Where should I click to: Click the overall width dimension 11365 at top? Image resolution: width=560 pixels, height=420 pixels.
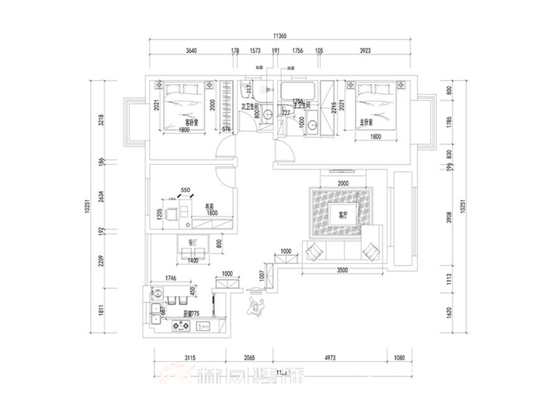(x=285, y=36)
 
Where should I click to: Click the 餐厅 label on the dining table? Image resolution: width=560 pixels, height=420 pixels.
(x=192, y=242)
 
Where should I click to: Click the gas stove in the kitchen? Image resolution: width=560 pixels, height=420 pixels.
(x=182, y=327)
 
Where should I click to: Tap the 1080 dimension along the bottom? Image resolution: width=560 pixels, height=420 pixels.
(x=401, y=358)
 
